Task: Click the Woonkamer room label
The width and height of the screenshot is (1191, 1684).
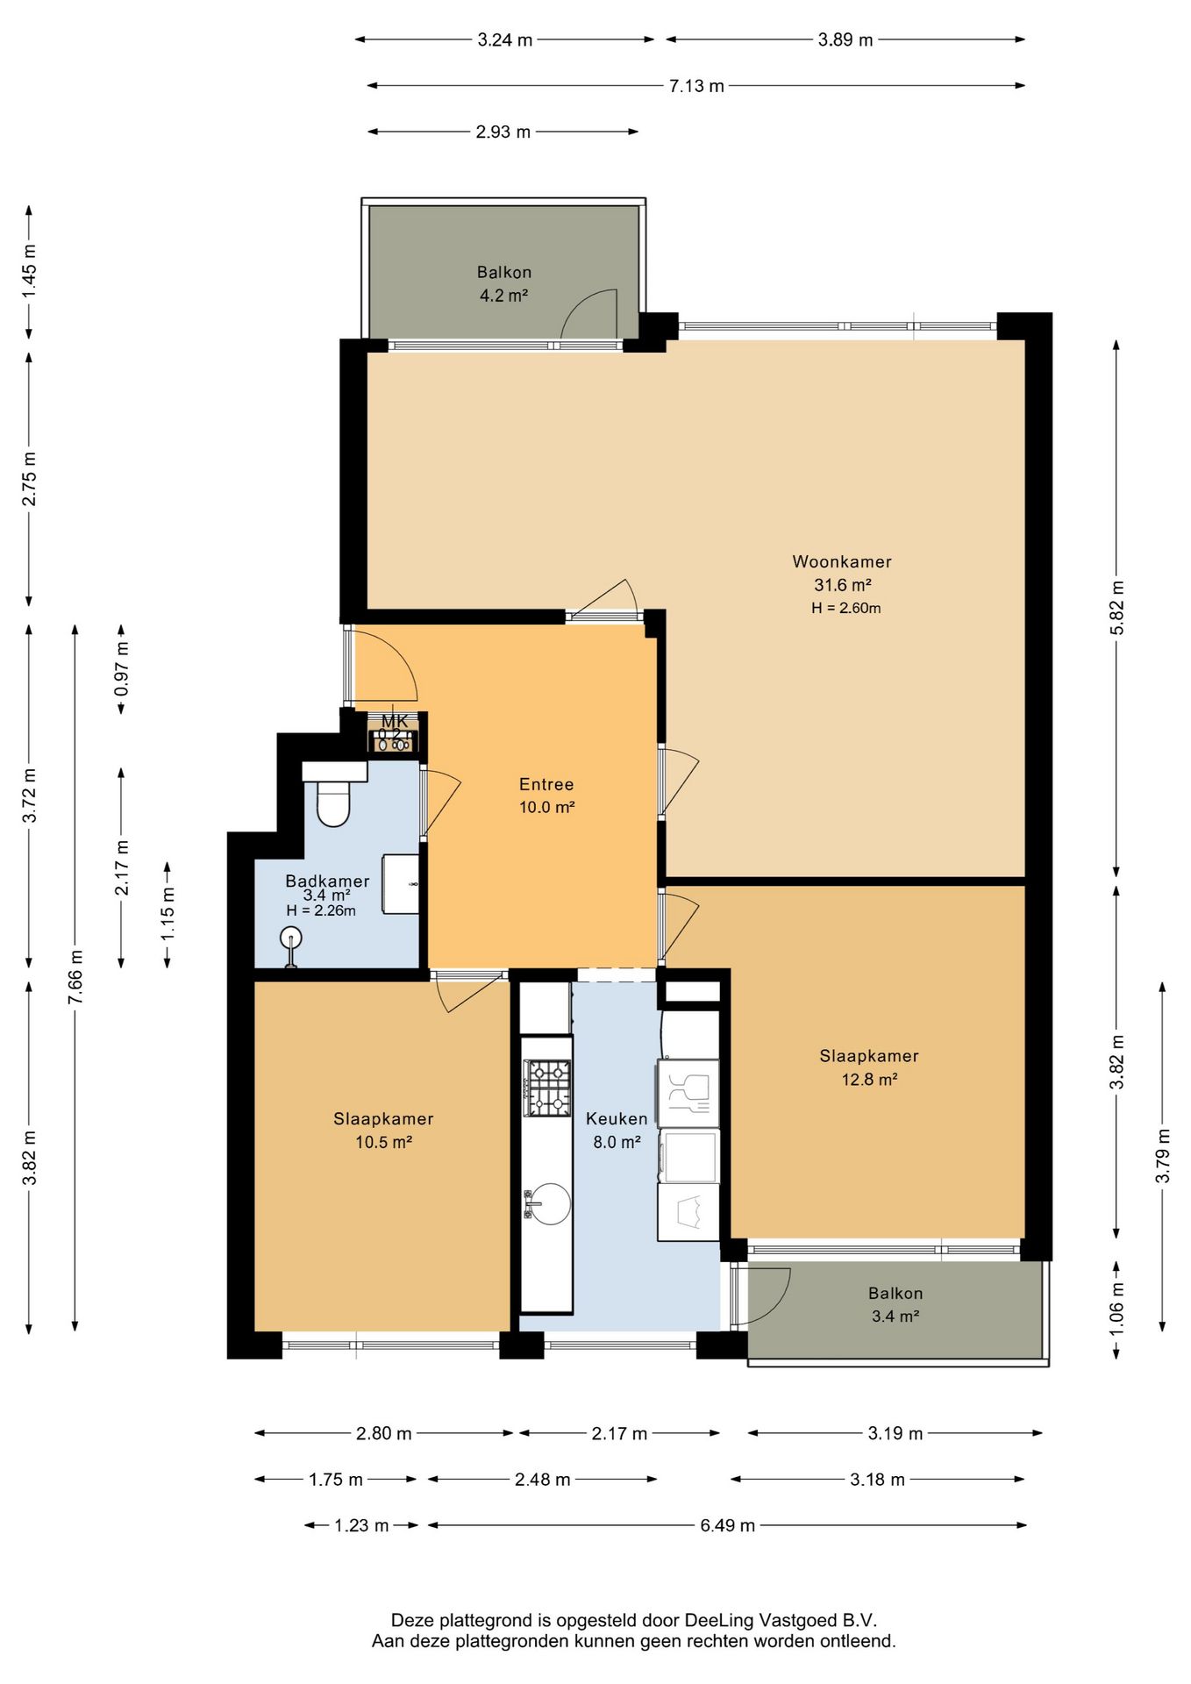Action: (x=842, y=561)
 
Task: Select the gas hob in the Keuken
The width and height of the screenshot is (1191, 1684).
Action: (x=547, y=1088)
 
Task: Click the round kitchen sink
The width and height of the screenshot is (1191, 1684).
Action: (x=549, y=1203)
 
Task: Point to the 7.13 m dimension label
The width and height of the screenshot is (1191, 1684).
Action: (x=696, y=86)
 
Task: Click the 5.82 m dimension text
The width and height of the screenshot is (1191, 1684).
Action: (x=1116, y=608)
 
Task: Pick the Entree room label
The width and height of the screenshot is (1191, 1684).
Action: (x=546, y=784)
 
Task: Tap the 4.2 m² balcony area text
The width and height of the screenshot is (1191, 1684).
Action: (x=503, y=296)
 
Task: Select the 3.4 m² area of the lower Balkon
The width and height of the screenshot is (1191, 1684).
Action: (x=895, y=1316)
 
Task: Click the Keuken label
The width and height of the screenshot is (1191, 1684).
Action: (x=617, y=1118)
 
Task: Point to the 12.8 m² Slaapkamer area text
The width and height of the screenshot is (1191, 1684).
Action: (x=869, y=1080)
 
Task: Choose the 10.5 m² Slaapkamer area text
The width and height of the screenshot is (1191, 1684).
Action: (x=383, y=1142)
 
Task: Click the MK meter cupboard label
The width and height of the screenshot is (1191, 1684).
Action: (x=395, y=721)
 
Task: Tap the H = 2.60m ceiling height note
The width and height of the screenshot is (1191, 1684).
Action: (x=845, y=608)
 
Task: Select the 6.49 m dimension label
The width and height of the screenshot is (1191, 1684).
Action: (x=727, y=1525)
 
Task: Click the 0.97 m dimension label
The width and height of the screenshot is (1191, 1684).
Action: (x=122, y=669)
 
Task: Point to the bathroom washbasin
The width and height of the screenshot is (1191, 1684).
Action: (x=402, y=884)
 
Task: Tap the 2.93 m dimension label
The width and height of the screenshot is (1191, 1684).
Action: (x=503, y=132)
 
